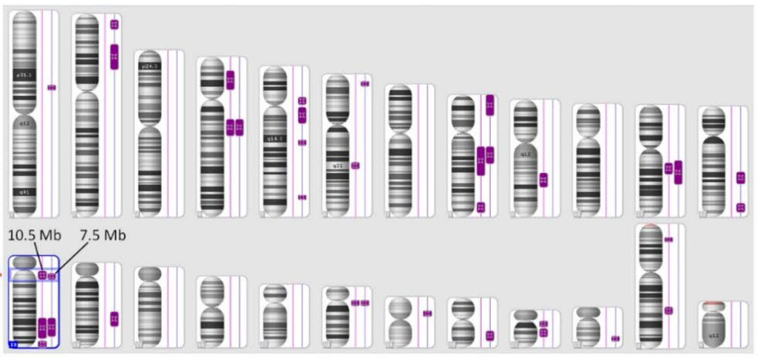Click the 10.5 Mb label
coord(34,236)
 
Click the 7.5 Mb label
coord(102,236)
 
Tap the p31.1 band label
coord(24,75)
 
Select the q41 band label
coord(24,191)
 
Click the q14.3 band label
coord(275,138)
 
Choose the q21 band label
coord(337,166)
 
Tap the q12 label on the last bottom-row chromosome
coord(713,335)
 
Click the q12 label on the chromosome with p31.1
coord(24,123)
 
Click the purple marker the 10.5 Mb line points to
coord(42,276)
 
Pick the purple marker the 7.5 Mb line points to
coord(52,276)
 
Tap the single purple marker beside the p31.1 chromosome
coord(52,87)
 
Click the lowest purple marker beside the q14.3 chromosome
coord(302,197)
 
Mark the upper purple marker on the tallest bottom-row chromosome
coord(668,240)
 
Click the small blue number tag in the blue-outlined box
coord(13,344)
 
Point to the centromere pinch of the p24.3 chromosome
coord(150,127)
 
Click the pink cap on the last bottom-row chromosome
coord(713,304)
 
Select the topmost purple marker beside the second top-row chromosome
coord(114,24)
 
